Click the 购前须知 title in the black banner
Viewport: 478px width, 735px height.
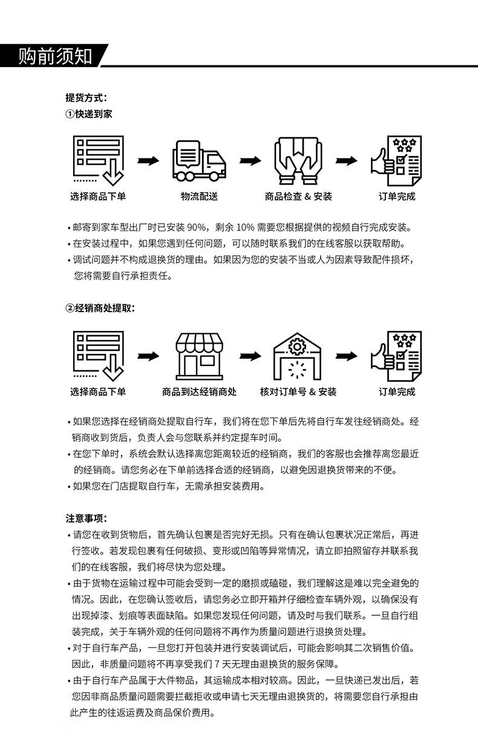[55, 56]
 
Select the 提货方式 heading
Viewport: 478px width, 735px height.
[86, 97]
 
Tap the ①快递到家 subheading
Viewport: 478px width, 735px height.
[88, 114]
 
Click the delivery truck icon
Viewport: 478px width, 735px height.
[199, 161]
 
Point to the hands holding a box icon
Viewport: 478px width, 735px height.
[298, 161]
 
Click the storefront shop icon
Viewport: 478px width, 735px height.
[199, 357]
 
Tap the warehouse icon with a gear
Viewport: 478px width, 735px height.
[297, 356]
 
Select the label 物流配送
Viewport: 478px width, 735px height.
[199, 196]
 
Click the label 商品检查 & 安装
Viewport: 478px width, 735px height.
[298, 196]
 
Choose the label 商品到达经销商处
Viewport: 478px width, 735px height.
[199, 391]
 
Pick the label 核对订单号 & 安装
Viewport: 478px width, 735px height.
[298, 391]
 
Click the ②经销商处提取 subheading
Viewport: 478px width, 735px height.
[100, 308]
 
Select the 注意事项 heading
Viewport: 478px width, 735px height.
[87, 518]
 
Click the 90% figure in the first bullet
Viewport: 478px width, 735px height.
[196, 227]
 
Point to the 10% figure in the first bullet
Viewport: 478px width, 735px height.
[245, 227]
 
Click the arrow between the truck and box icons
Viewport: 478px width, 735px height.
[250, 161]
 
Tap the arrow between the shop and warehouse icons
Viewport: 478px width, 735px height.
[250, 356]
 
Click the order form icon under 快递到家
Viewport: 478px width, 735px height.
[99, 161]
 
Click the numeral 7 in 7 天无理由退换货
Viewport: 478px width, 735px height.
[217, 664]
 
